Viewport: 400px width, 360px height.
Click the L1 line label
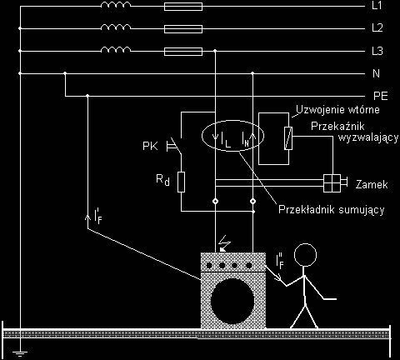pyautogui.click(x=377, y=6)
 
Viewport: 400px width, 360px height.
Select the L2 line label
pyautogui.click(x=377, y=27)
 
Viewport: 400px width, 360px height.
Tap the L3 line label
pyautogui.click(x=377, y=51)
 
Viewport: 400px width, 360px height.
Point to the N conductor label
pyautogui.click(x=376, y=73)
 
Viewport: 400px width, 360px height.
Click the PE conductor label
pyautogui.click(x=381, y=96)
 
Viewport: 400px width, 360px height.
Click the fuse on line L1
pyautogui.click(x=183, y=7)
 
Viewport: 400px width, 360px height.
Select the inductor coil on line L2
pyautogui.click(x=115, y=27)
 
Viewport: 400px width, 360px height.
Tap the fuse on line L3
pyautogui.click(x=183, y=52)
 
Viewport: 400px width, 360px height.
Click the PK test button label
pyautogui.click(x=150, y=146)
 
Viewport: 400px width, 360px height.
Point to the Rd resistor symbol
pyautogui.click(x=181, y=182)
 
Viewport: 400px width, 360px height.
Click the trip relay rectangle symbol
pyautogui.click(x=288, y=137)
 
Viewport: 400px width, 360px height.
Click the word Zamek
pyautogui.click(x=372, y=185)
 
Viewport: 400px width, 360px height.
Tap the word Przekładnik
pyautogui.click(x=307, y=209)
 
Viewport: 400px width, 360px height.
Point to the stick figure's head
pyautogui.click(x=305, y=255)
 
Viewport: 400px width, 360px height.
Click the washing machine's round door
pyautogui.click(x=232, y=302)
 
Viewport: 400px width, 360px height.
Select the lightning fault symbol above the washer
pyautogui.click(x=224, y=243)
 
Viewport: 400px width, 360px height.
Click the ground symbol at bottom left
pyautogui.click(x=20, y=353)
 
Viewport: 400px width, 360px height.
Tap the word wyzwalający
pyautogui.click(x=368, y=138)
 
